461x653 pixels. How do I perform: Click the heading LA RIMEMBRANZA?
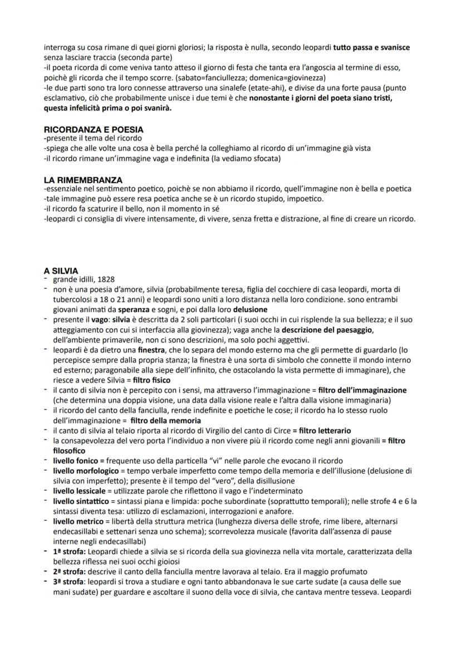pyautogui.click(x=83, y=180)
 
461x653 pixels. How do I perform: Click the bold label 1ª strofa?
pyautogui.click(x=68, y=551)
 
